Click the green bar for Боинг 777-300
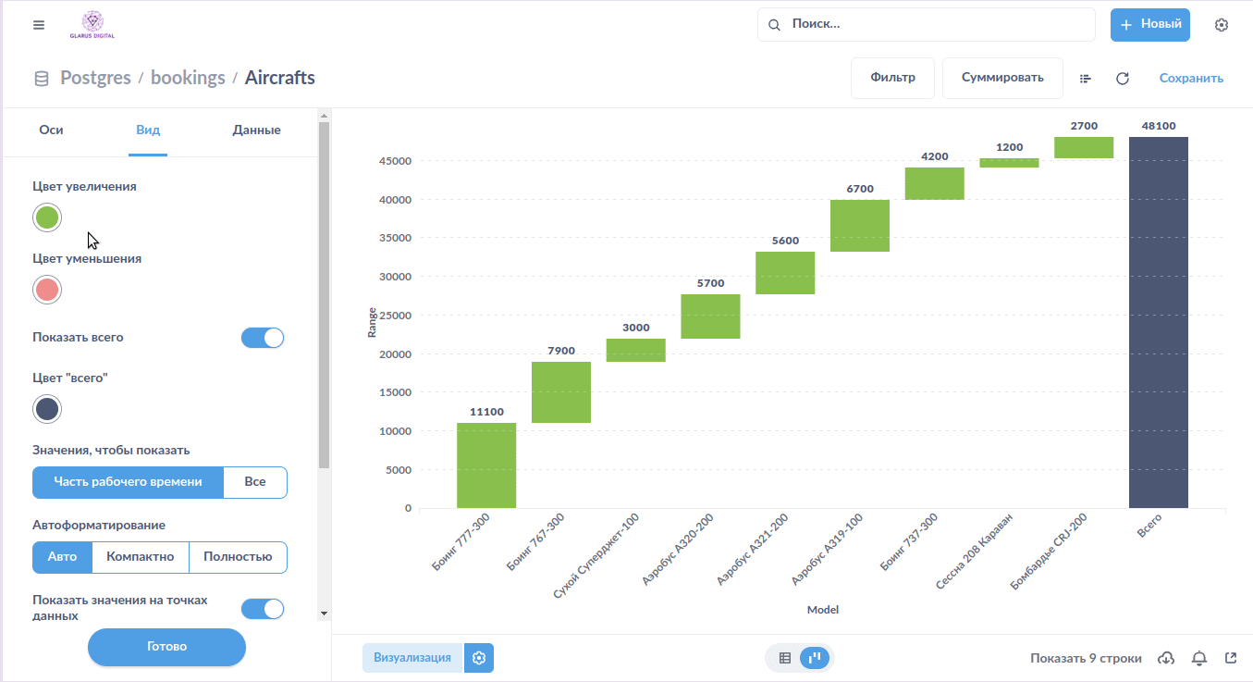click(486, 465)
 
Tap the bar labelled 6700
click(860, 226)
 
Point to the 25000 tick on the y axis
click(396, 316)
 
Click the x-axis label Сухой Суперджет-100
click(597, 555)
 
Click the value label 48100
click(1158, 126)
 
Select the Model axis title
click(822, 610)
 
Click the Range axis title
click(372, 322)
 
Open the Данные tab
click(256, 130)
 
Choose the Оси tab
click(51, 130)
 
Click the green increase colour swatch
click(47, 217)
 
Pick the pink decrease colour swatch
click(47, 290)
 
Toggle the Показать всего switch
click(263, 338)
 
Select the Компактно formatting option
click(141, 557)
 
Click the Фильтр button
click(892, 78)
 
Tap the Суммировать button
click(1002, 78)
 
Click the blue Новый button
click(1149, 25)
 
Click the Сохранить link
click(1191, 79)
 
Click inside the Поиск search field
click(934, 25)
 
